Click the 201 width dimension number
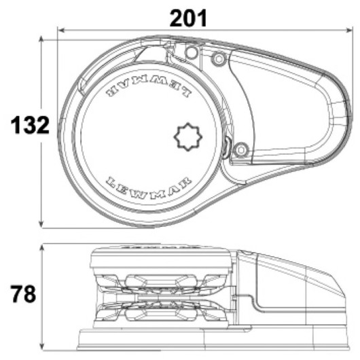coord(188,18)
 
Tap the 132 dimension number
coord(30,125)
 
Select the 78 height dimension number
coord(23,294)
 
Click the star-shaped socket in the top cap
coord(188,137)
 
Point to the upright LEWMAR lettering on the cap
coord(149,187)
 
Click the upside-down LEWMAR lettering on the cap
coord(149,87)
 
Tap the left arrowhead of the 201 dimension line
coord(60,30)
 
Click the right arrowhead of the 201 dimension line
coord(349,30)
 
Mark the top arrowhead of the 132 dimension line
coord(41,39)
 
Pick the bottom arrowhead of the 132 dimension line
coord(41,225)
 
